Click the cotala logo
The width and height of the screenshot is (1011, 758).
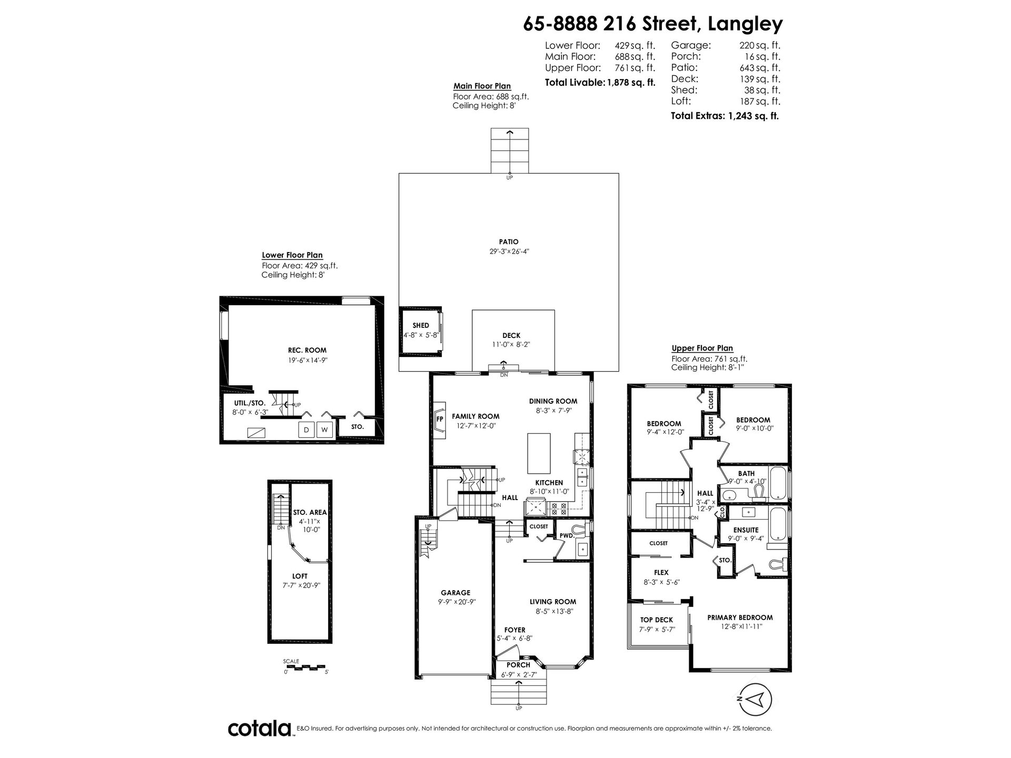pos(260,729)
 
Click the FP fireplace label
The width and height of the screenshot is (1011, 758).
pos(440,419)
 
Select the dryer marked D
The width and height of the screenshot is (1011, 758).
pos(306,430)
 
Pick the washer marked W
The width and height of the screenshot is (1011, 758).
pos(325,430)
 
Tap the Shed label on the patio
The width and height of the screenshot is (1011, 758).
pos(421,325)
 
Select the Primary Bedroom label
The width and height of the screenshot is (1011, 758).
pos(740,617)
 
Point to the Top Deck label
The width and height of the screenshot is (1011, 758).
pos(657,620)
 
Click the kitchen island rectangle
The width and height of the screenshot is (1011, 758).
pos(539,454)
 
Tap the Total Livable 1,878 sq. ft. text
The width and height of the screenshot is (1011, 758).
pos(600,82)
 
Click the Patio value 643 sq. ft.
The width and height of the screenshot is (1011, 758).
pos(759,67)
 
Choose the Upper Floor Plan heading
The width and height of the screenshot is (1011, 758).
pos(702,348)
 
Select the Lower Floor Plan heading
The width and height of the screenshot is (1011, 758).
pos(292,255)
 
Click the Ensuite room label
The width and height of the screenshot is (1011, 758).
pos(746,530)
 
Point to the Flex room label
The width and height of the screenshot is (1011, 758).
pos(661,573)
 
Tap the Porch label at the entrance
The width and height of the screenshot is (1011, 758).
pos(518,665)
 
